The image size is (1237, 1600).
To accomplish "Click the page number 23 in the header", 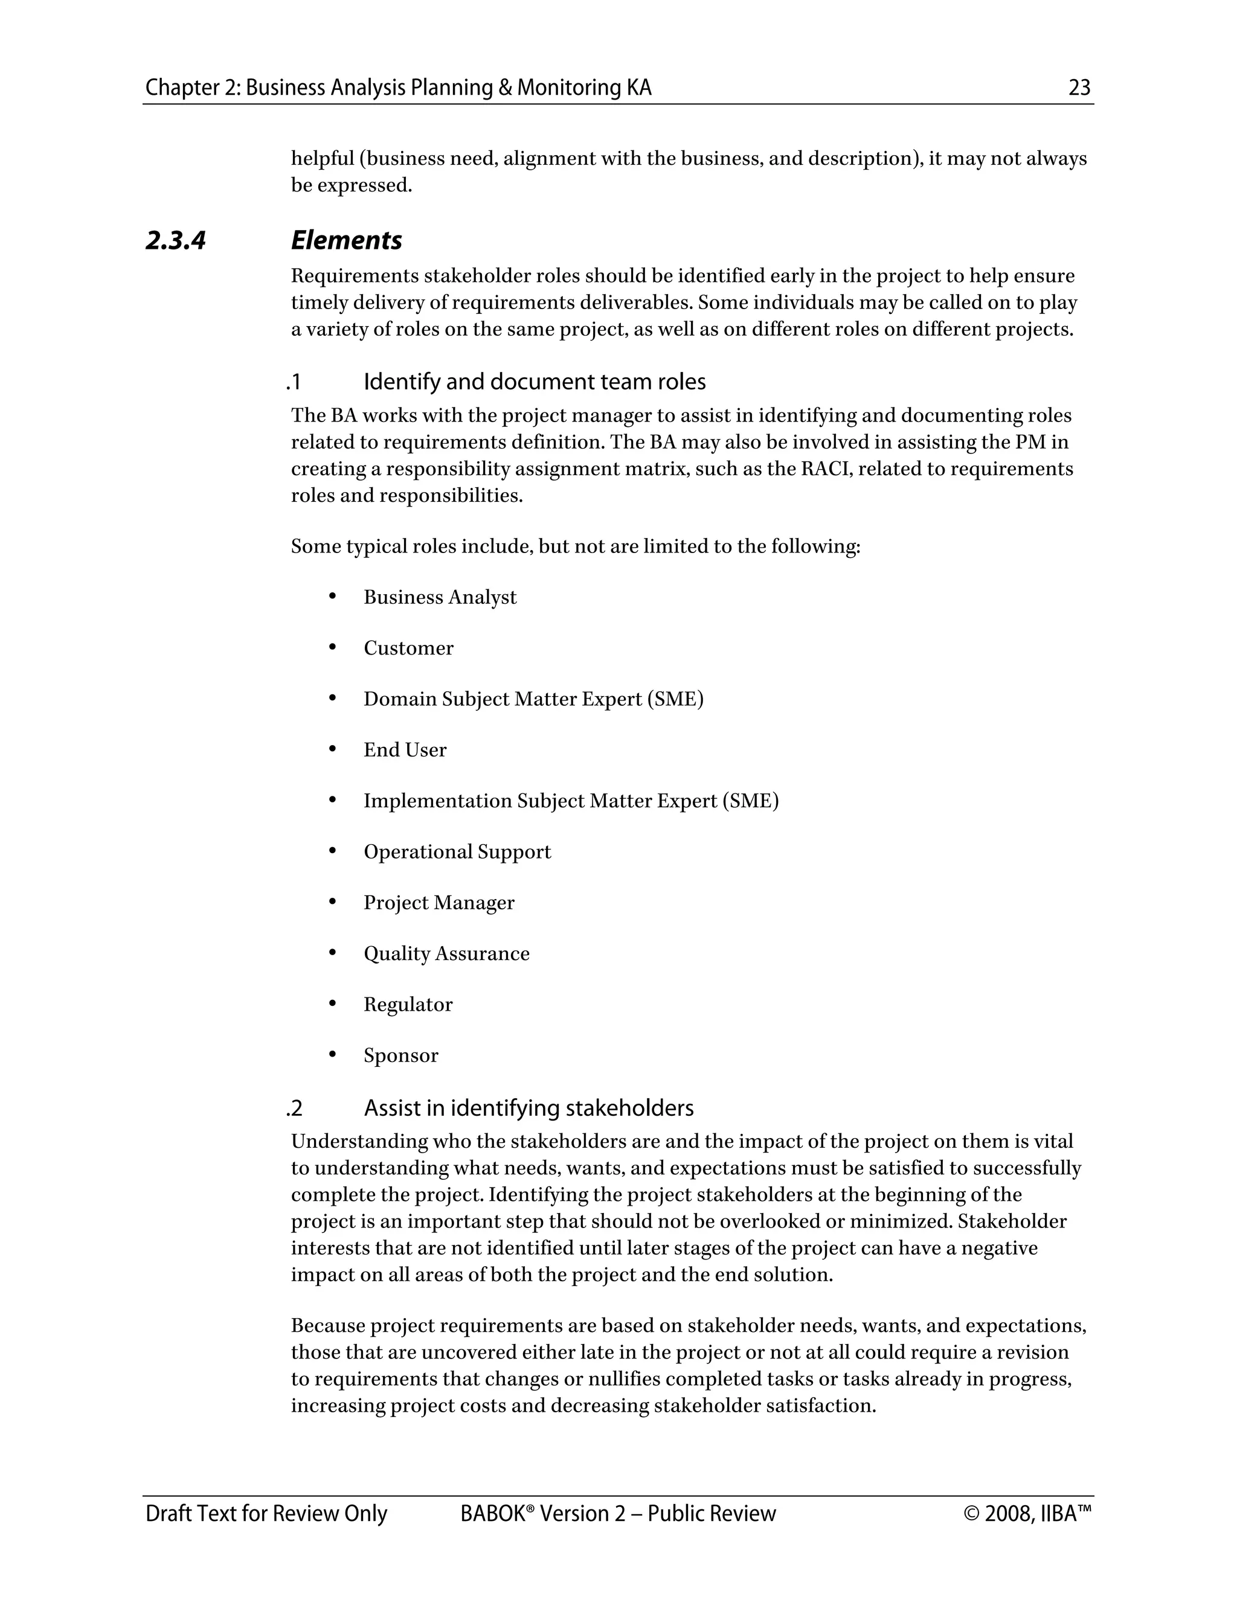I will [1079, 88].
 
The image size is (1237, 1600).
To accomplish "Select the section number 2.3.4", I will [176, 240].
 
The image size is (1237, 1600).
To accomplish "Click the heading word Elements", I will [346, 240].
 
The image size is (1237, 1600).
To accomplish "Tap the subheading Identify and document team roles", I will [534, 382].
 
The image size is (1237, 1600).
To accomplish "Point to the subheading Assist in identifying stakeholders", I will [529, 1108].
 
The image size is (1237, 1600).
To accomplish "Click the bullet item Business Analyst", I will [440, 597].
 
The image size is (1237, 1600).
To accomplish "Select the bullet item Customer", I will [408, 648].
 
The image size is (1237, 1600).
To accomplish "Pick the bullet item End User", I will [405, 750].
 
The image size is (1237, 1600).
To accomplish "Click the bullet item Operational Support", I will [457, 852].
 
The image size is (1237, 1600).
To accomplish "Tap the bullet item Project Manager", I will [439, 903].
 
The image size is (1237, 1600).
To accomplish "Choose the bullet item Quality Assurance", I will [446, 954].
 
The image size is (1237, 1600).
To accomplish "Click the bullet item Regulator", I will [408, 1005].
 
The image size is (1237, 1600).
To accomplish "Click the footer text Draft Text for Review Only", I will [266, 1514].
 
